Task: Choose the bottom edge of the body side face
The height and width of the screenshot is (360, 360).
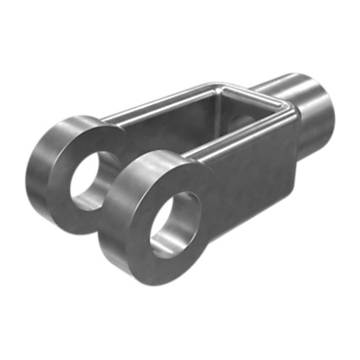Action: (x=253, y=210)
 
